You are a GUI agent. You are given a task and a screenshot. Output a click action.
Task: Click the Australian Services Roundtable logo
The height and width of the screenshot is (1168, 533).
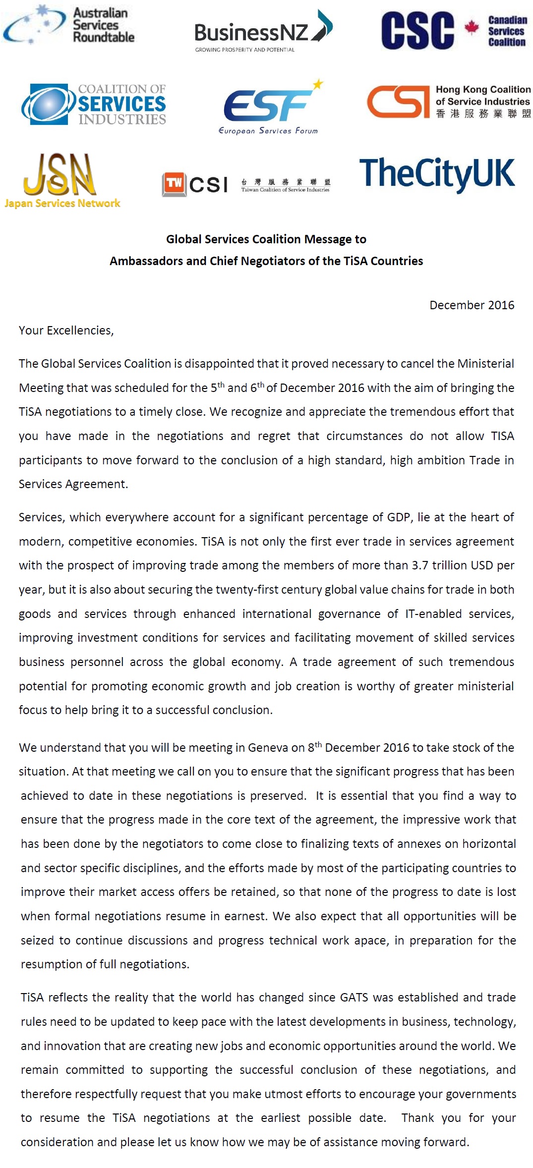point(69,25)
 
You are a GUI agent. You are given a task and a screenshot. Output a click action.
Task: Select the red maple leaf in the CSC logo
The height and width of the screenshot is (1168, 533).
point(472,28)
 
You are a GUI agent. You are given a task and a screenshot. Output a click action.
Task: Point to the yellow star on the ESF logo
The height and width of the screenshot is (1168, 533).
point(318,84)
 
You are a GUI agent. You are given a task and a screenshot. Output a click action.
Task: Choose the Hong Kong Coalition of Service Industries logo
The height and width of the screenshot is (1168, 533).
point(448,102)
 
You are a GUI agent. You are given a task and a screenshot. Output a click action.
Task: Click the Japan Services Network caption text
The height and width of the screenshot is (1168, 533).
point(62,203)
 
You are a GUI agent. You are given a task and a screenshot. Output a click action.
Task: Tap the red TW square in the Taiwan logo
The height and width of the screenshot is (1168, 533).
point(174,184)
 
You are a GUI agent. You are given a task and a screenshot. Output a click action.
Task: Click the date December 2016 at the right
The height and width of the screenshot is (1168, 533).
point(472,305)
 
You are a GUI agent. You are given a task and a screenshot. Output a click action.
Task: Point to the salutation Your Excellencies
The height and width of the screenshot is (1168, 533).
point(66,331)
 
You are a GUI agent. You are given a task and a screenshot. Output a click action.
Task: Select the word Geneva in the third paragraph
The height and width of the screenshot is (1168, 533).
point(275,748)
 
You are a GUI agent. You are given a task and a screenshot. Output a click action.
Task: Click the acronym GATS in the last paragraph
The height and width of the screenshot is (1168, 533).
point(354,998)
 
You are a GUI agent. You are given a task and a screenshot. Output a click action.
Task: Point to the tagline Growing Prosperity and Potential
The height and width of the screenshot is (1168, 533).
point(245,50)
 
